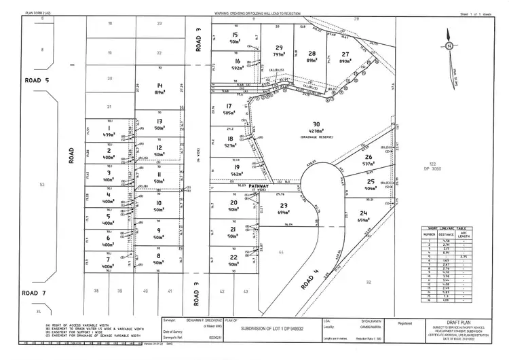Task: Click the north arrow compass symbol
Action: point(449,46)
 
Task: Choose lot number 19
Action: point(236,167)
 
